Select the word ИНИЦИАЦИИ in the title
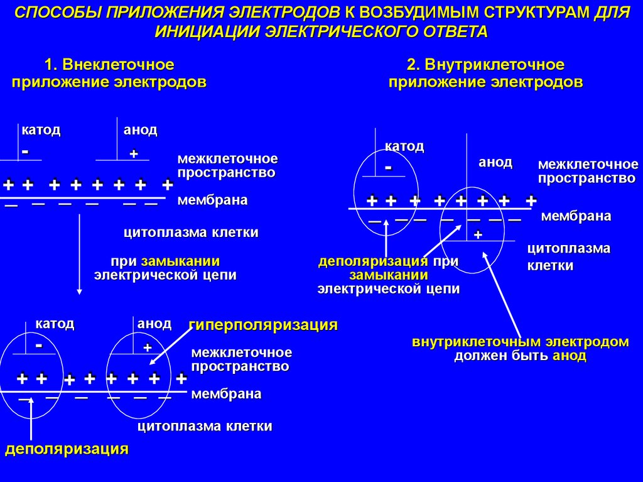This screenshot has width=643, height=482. [x=207, y=32]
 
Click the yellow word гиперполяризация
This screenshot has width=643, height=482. [x=263, y=325]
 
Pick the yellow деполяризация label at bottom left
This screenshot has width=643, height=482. [x=67, y=449]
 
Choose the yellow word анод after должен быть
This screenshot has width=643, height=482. [x=570, y=356]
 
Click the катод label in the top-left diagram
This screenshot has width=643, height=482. [x=41, y=130]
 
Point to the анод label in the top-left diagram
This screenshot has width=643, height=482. [x=140, y=130]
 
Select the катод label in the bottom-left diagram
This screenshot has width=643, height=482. [x=55, y=324]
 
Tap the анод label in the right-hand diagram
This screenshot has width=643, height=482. [x=495, y=163]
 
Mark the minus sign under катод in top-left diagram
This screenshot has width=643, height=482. [x=25, y=152]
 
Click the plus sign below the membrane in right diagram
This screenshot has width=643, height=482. [x=477, y=234]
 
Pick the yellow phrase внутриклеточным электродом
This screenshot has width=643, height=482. [x=521, y=342]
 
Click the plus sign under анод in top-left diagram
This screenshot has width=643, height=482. [x=133, y=154]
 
